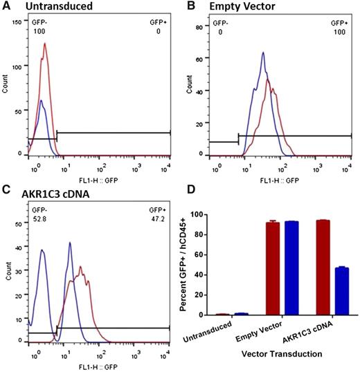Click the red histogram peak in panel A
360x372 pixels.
click(44, 44)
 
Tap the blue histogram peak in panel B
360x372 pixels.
click(263, 53)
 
